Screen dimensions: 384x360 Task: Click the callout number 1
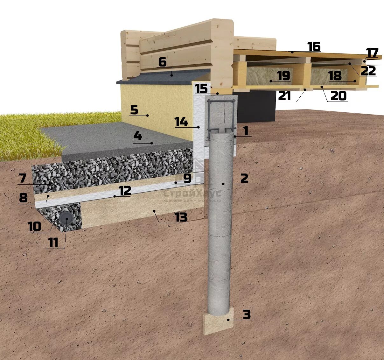(245, 131)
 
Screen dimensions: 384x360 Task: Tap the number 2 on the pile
(244, 178)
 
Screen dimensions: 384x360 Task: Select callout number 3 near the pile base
(247, 314)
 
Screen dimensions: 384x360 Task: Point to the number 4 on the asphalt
(137, 136)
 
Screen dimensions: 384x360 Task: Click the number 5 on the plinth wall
(134, 110)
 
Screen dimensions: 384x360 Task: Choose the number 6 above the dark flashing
(162, 62)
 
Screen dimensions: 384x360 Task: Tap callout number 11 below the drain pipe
(53, 243)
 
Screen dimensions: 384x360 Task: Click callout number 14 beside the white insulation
(181, 122)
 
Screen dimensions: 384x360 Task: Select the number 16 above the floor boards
(314, 46)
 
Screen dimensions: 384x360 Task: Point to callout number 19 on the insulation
(283, 76)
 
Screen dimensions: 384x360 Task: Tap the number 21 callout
(284, 95)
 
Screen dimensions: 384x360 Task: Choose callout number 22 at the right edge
(368, 71)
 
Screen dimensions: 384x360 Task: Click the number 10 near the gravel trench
(34, 226)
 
